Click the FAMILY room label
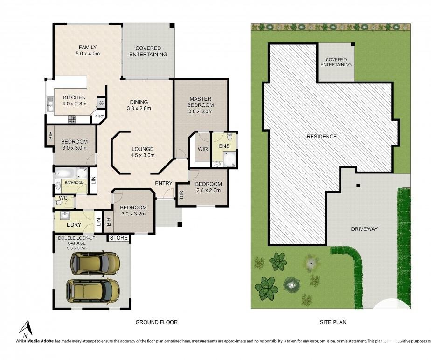[88, 47]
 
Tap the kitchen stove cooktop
[72, 119]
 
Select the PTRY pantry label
[99, 116]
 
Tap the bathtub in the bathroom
[70, 173]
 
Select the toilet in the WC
[60, 202]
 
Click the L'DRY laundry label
[74, 225]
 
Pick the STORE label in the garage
[118, 238]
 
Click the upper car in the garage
[95, 263]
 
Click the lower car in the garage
[93, 291]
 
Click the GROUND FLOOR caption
[156, 322]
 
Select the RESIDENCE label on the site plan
[321, 137]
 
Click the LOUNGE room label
[143, 150]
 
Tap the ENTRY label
[164, 183]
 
